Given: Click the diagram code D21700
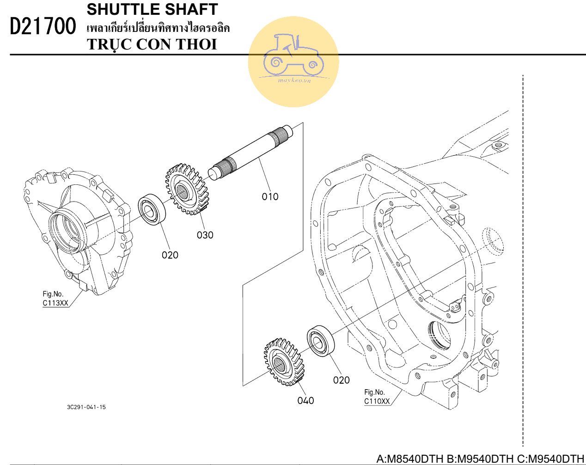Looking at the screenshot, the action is (x=43, y=26).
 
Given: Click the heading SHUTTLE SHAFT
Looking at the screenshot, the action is (x=152, y=9).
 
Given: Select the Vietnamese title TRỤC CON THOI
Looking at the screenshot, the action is (x=152, y=44).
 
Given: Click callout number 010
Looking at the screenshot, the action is (x=270, y=197).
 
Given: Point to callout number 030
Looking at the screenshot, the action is (x=205, y=235).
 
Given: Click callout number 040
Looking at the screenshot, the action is (x=305, y=401).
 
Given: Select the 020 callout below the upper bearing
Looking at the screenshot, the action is (x=170, y=255).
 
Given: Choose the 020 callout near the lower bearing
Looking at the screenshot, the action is (x=341, y=380).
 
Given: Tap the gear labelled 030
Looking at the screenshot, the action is (x=187, y=190).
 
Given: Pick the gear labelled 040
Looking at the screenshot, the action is (x=284, y=362).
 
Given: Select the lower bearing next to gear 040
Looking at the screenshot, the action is (x=321, y=341).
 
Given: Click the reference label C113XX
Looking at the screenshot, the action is (x=55, y=303).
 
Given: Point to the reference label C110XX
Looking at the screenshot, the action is (x=377, y=401).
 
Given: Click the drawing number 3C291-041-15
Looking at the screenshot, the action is (x=86, y=407).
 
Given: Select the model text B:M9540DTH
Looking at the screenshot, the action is (x=480, y=459).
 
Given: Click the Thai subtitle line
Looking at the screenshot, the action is (x=158, y=28).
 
